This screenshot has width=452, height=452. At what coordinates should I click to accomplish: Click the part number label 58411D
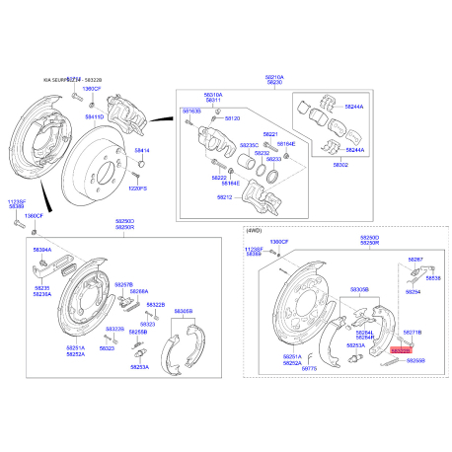(x=93, y=116)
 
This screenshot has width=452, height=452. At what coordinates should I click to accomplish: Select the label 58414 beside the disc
(x=141, y=150)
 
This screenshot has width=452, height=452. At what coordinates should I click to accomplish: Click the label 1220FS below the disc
(x=136, y=188)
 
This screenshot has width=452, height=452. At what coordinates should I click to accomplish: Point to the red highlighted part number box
(x=403, y=350)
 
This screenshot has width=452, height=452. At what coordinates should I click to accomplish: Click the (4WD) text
(x=255, y=230)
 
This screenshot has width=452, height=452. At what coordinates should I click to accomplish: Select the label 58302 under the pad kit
(x=341, y=166)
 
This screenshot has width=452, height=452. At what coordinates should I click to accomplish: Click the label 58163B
(x=191, y=112)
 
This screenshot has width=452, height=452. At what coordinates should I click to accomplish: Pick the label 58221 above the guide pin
(x=270, y=133)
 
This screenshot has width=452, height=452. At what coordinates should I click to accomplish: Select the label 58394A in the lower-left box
(x=42, y=251)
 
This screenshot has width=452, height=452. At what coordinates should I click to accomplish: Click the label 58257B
(x=123, y=284)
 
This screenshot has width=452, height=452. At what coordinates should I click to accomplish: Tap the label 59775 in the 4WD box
(x=310, y=368)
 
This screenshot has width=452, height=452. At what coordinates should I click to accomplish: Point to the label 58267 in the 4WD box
(x=415, y=260)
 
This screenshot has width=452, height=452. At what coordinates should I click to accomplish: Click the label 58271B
(x=413, y=334)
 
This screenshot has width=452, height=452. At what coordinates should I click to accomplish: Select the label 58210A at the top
(x=273, y=76)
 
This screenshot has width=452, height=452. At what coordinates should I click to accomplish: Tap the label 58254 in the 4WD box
(x=413, y=292)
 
